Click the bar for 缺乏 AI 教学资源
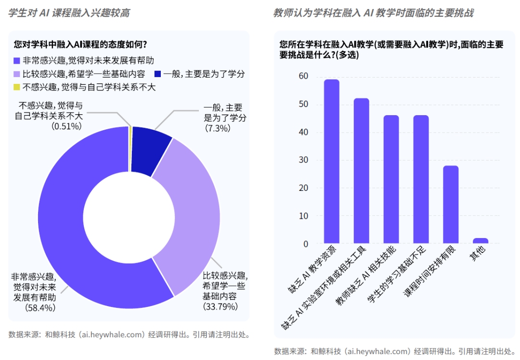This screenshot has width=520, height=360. (x=331, y=162)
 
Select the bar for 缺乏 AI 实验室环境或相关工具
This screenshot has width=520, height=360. (x=361, y=171)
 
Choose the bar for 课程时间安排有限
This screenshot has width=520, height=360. (x=451, y=205)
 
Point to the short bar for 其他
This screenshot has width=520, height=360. (x=481, y=241)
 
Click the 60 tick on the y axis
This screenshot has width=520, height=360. (x=303, y=77)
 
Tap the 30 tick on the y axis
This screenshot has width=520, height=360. (x=303, y=160)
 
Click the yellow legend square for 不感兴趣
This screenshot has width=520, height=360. (x=17, y=87)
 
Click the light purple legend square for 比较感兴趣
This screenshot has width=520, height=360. (x=17, y=74)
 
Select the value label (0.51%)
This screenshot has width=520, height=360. (x=66, y=126)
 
